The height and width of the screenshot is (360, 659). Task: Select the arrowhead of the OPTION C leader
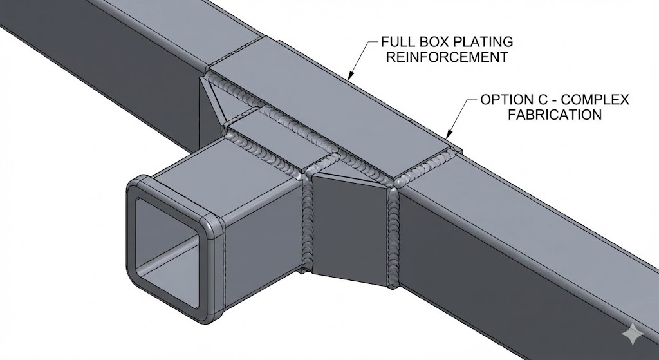[x=446, y=136]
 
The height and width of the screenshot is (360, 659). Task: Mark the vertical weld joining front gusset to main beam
[x=393, y=232]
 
